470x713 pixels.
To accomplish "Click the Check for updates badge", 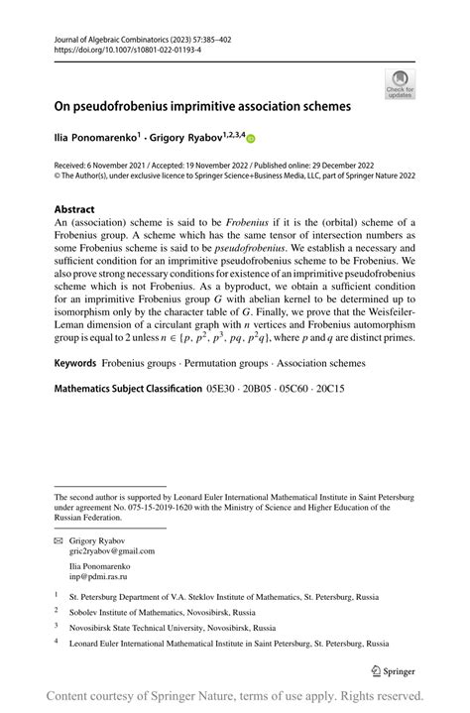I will pos(400,83).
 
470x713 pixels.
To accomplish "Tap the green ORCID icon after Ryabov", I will pos(251,140).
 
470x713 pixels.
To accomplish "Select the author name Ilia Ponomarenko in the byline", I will pos(94,140).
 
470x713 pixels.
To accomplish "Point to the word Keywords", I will pos(80,364).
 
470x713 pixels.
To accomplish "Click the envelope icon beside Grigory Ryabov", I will pos(59,542).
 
